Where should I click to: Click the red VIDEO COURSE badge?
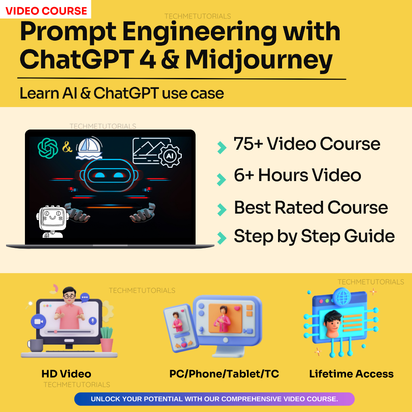pos(46,10)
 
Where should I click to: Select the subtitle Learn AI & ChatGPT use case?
pos(122,93)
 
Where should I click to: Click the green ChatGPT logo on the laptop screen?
pos(48,148)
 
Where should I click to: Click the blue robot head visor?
pos(107,175)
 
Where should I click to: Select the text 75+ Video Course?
pos(307,144)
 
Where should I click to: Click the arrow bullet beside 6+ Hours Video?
pos(221,179)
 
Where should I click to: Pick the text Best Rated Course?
pos(311,208)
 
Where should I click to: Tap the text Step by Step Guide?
pos(314,236)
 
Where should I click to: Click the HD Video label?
pos(66,374)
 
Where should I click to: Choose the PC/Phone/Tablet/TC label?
pos(224,374)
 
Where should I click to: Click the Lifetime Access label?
pos(351,374)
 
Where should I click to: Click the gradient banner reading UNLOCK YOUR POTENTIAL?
pos(214,399)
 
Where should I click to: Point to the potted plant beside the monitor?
pos(107,339)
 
